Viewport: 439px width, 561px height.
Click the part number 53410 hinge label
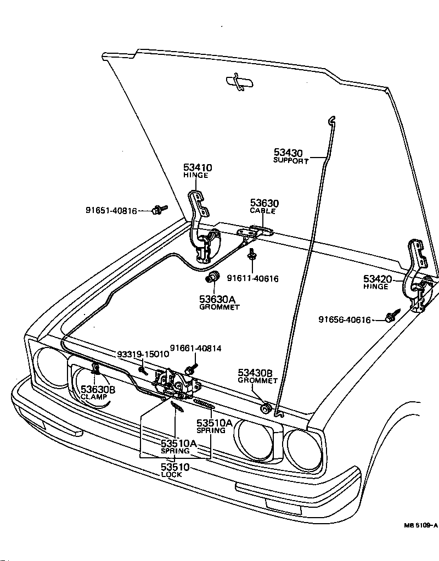[198, 171]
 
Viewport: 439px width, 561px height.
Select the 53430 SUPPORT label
[290, 156]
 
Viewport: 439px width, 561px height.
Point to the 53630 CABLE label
[264, 206]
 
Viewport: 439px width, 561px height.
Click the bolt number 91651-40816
[111, 210]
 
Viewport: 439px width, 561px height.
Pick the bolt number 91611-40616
[252, 279]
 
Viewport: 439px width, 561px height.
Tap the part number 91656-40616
[345, 320]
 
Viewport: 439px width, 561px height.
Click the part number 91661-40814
[195, 348]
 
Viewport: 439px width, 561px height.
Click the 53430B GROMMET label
[258, 376]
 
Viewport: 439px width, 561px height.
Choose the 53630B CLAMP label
[98, 392]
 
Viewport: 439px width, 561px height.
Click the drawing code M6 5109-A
[420, 525]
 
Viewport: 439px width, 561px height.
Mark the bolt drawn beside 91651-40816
[160, 209]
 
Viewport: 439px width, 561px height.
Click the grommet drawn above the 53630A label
[212, 277]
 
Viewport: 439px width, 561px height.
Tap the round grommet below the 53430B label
[266, 408]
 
